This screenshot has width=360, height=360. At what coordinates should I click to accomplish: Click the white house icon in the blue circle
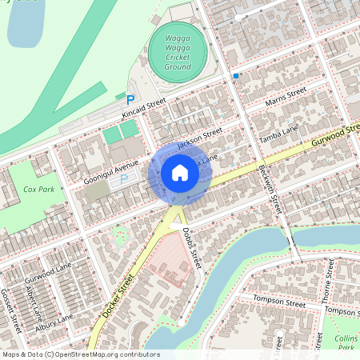(x=180, y=173)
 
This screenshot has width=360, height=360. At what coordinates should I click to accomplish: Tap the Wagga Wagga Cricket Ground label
(x=178, y=52)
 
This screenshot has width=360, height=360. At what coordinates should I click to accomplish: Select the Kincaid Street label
(x=143, y=107)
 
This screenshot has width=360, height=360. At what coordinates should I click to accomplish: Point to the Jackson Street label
(x=199, y=138)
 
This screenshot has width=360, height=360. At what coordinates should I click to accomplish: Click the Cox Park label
(x=38, y=190)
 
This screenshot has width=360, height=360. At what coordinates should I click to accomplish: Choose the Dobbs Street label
(x=190, y=246)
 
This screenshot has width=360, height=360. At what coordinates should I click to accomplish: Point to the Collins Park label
(x=346, y=342)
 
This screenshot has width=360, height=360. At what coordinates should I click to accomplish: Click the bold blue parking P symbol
(x=130, y=99)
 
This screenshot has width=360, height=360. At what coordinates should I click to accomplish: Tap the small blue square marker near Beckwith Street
(x=236, y=75)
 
